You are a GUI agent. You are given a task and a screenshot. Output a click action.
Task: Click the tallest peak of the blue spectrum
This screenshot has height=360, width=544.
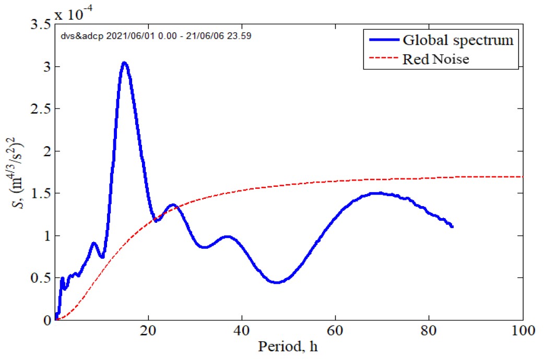(124, 63)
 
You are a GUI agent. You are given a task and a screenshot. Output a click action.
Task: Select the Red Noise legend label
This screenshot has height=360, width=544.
(435, 59)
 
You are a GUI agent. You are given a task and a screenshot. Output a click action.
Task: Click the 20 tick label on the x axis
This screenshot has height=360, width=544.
(148, 331)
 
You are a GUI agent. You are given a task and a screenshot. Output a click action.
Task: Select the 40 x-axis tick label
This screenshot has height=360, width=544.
(242, 331)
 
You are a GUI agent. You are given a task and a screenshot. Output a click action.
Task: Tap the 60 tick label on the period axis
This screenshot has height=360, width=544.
(335, 331)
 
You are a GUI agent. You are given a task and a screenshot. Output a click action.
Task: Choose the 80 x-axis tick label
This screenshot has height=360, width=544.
(429, 331)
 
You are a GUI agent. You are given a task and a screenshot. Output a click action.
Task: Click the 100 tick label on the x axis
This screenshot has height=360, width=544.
(522, 331)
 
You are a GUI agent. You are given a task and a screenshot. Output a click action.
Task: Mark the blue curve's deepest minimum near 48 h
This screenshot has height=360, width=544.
(277, 282)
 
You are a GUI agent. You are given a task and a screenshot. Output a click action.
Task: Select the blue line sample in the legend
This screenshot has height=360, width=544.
(382, 40)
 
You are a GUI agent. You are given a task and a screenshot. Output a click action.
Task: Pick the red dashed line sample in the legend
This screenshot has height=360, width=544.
(382, 59)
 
